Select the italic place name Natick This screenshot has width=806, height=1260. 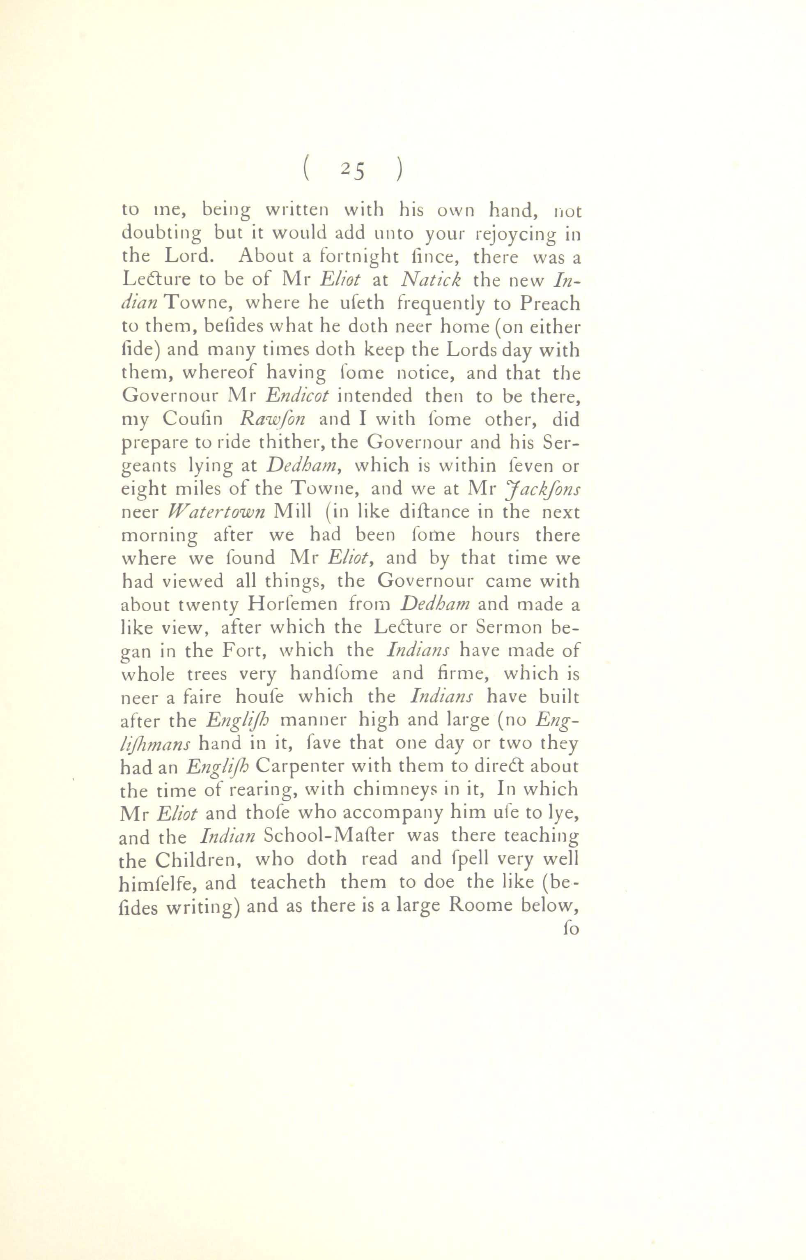pos(430,280)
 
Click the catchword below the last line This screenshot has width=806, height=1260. pos(570,930)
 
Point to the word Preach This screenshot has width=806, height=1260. pos(549,304)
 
